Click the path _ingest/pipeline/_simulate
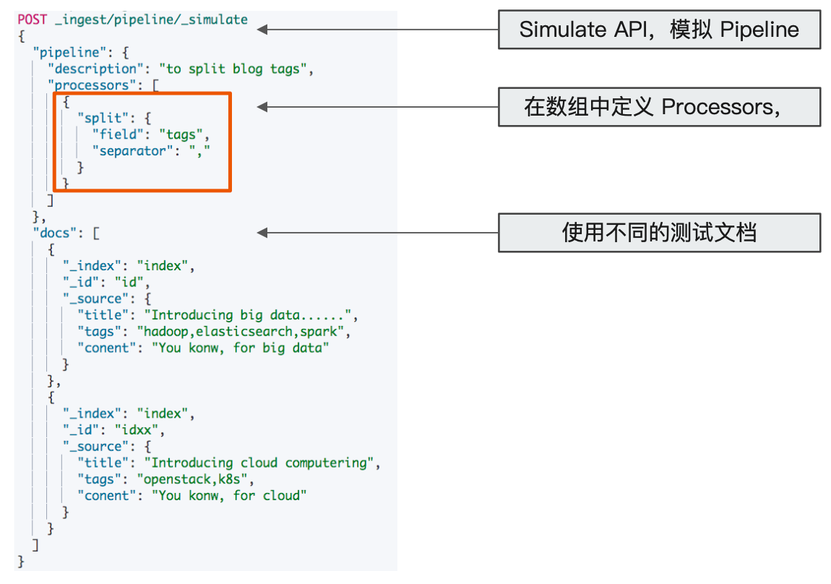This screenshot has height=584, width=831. [151, 20]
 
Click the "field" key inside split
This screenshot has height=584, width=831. [116, 135]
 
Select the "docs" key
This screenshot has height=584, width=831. [55, 233]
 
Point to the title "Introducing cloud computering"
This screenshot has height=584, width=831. [262, 463]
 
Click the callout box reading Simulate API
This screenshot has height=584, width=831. [659, 30]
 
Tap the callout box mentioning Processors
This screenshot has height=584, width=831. [659, 107]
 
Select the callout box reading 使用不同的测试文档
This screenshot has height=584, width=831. [659, 233]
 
